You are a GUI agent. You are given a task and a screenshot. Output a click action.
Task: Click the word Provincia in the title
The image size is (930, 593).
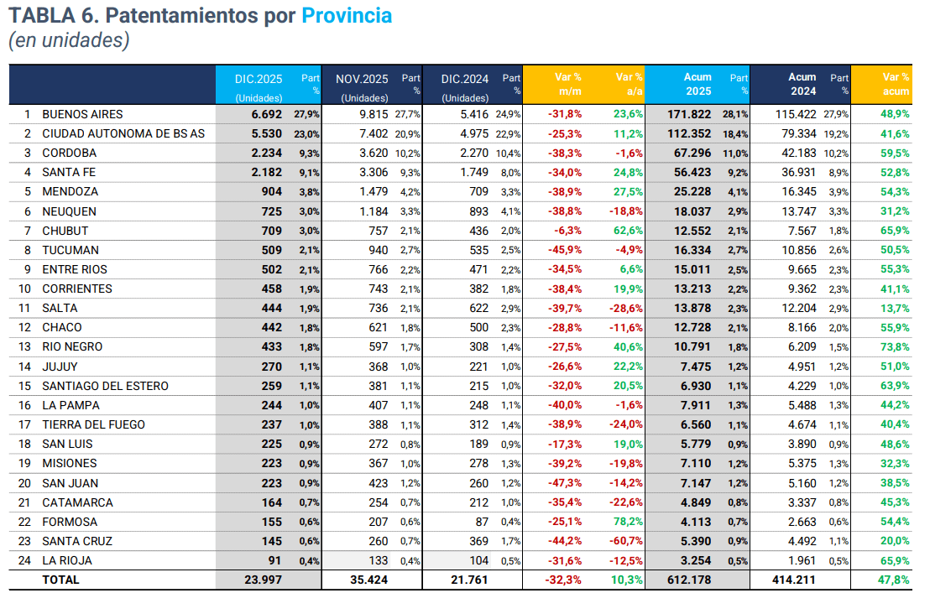tap(347, 15)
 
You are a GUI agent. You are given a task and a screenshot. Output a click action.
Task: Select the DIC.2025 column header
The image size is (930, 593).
tap(259, 79)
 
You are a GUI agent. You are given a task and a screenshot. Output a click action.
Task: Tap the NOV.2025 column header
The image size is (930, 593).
tap(362, 79)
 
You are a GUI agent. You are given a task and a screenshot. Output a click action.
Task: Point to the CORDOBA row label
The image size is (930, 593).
tap(70, 153)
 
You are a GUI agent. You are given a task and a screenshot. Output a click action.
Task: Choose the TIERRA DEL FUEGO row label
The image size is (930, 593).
tap(93, 424)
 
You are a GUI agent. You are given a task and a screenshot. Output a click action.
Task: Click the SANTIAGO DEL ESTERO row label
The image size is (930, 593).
tap(105, 386)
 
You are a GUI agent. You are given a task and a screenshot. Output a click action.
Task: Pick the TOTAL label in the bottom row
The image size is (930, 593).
tap(60, 580)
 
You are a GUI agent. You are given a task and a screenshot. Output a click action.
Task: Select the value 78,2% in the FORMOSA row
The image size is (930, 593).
tap(628, 522)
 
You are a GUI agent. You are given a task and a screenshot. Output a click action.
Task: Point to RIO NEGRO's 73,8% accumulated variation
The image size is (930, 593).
tap(895, 347)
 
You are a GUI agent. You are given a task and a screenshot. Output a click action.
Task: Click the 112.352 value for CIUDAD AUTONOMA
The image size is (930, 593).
tap(688, 133)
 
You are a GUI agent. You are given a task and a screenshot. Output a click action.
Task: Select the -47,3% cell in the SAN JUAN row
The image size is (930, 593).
tap(564, 483)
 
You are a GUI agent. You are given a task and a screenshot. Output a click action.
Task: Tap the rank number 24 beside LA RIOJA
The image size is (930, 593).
tap(27, 560)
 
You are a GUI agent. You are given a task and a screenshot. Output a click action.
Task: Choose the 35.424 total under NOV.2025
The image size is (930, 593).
tap(369, 580)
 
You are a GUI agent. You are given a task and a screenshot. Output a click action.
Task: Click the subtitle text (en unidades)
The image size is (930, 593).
tap(69, 40)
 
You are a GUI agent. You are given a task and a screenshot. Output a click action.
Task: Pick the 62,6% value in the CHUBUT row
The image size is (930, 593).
tap(628, 231)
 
